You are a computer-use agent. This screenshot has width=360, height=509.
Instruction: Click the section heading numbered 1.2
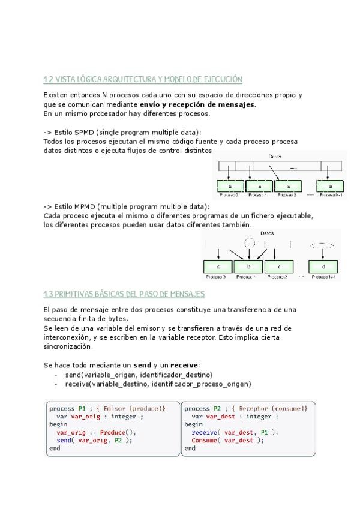tap(142, 79)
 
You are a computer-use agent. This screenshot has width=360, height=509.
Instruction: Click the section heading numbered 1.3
tap(124, 294)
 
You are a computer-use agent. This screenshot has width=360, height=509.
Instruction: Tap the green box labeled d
tap(322, 266)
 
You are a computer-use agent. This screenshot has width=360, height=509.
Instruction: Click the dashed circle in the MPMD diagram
tap(250, 243)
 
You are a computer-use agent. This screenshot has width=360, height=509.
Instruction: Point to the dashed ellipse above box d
tap(323, 245)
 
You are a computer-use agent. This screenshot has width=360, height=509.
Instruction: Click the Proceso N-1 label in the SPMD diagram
tap(331, 195)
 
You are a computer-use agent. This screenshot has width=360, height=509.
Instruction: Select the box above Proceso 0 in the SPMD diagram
tap(230, 185)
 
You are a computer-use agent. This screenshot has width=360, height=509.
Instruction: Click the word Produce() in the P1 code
tap(118, 432)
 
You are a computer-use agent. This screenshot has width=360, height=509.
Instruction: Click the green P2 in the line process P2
tap(217, 408)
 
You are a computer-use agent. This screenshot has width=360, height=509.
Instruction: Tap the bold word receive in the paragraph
tap(184, 364)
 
